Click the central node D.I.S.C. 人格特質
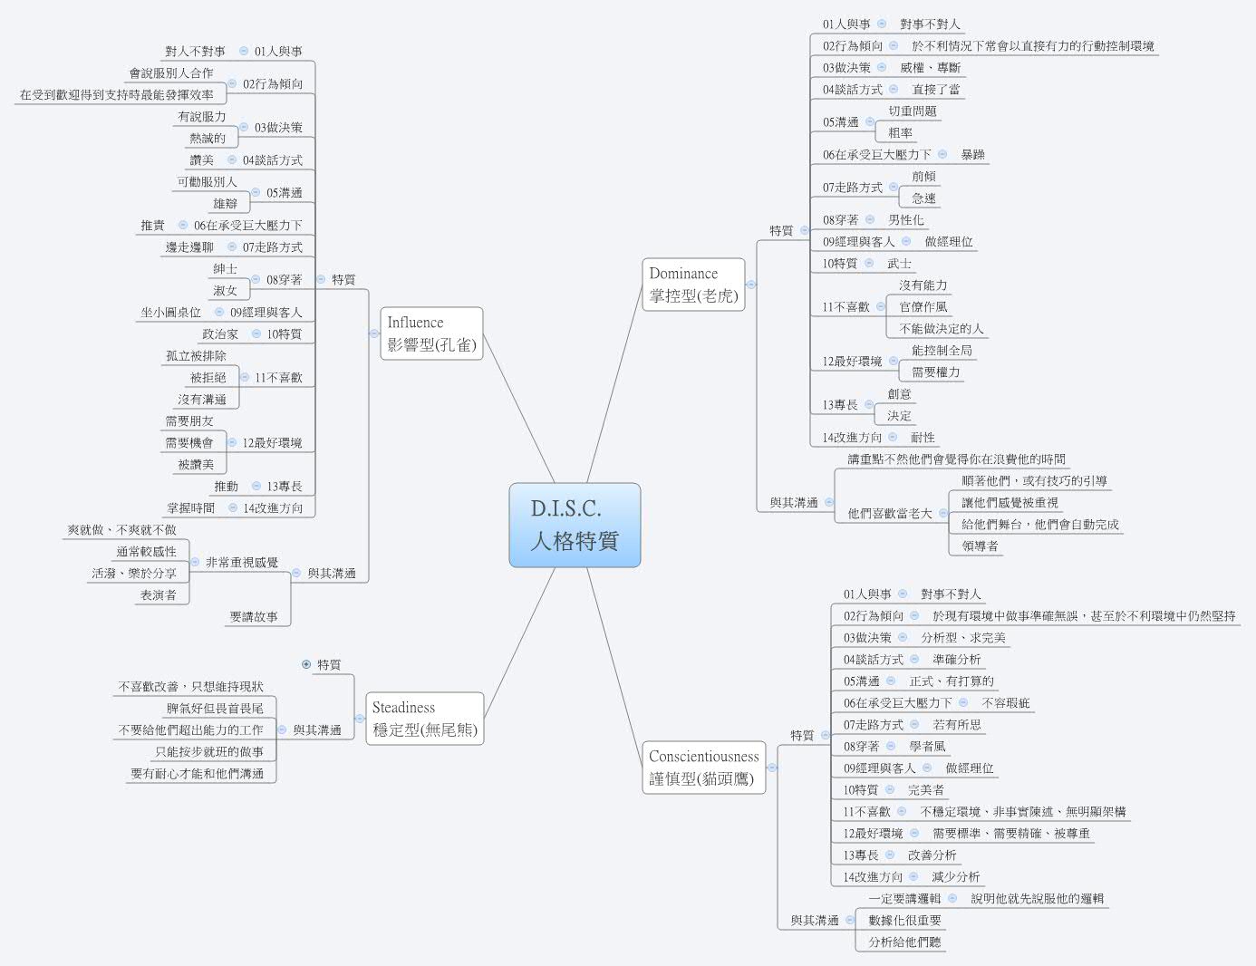(575, 525)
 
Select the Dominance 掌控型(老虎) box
(693, 285)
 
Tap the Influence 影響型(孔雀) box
(431, 333)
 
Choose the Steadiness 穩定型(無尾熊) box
(424, 719)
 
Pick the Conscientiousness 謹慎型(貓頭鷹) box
(704, 767)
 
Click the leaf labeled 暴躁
(972, 155)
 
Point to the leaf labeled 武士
(899, 264)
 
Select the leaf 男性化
(905, 220)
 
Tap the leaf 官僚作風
(923, 307)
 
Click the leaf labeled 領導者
(980, 546)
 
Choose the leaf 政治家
(220, 334)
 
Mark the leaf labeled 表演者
(158, 595)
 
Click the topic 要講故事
(254, 617)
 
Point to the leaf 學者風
(927, 747)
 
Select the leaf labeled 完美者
(925, 790)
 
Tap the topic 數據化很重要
(904, 921)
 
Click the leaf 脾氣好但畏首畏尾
(215, 709)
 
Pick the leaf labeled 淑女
(225, 291)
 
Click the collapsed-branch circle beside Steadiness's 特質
(305, 664)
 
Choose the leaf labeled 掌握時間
(190, 508)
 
